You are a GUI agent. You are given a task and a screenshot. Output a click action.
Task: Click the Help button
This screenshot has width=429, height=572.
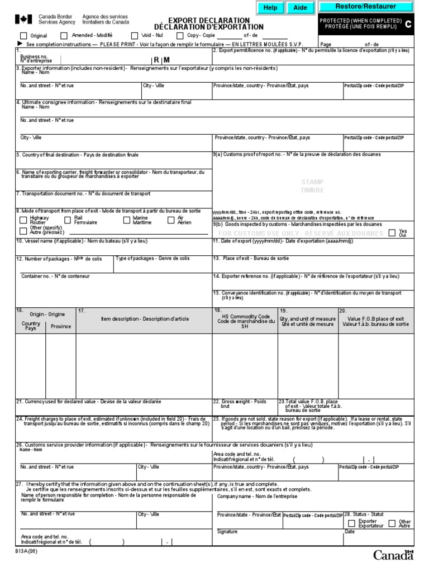[x=270, y=8]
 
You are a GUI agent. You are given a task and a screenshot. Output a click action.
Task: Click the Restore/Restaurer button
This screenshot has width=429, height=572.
[x=365, y=7]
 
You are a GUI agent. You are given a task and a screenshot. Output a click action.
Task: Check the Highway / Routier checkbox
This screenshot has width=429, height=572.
[x=23, y=220]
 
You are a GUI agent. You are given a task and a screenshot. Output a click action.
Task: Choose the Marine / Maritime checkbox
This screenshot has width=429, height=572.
[x=127, y=220]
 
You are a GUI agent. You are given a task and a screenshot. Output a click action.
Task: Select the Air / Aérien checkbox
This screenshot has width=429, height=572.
[x=171, y=220]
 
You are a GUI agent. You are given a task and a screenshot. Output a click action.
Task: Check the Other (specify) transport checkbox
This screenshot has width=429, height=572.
[x=23, y=230]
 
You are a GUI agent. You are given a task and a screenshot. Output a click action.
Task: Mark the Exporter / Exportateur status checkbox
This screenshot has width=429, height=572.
[x=351, y=523]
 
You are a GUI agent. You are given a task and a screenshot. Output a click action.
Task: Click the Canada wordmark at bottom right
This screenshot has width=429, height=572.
[x=393, y=555]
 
